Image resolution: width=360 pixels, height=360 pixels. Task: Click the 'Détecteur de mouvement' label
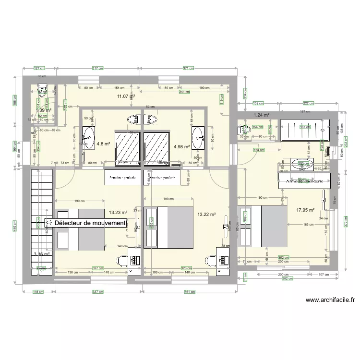pyautogui.click(x=90, y=223)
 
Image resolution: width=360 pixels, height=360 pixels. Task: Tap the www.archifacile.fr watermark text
pyautogui.click(x=330, y=300)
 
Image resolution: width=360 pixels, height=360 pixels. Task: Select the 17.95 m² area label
pyautogui.click(x=305, y=210)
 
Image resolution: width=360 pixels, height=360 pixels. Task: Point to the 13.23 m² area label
pyautogui.click(x=118, y=212)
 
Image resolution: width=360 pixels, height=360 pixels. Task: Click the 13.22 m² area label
pyautogui.click(x=207, y=215)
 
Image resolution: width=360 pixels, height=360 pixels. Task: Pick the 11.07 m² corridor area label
pyautogui.click(x=126, y=96)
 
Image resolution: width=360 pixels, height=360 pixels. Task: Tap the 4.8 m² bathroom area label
pyautogui.click(x=104, y=143)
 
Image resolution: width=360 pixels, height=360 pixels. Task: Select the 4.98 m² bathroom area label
pyautogui.click(x=181, y=147)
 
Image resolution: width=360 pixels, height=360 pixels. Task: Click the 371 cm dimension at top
pyautogui.click(x=189, y=68)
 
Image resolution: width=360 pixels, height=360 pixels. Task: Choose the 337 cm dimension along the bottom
pyautogui.click(x=97, y=291)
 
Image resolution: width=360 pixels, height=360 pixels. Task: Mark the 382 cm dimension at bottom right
pyautogui.click(x=287, y=278)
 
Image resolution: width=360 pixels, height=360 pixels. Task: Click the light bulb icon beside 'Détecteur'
pyautogui.click(x=49, y=223)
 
